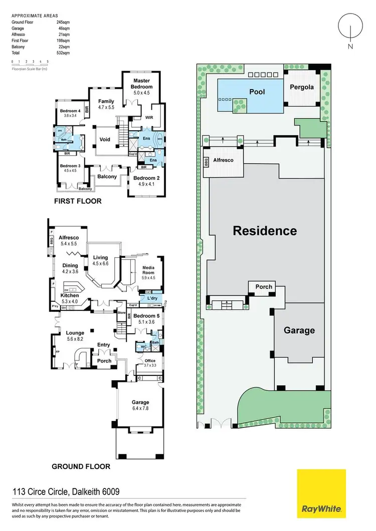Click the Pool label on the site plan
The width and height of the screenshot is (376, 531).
(257, 92)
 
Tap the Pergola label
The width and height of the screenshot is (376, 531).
(302, 87)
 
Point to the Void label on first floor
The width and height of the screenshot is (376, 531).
(105, 140)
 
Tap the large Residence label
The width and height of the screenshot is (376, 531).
(265, 231)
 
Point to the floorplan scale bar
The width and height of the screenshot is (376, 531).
(30, 63)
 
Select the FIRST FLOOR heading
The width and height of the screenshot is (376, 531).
(78, 201)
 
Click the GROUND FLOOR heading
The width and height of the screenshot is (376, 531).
(81, 466)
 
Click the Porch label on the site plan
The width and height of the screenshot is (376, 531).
(264, 287)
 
